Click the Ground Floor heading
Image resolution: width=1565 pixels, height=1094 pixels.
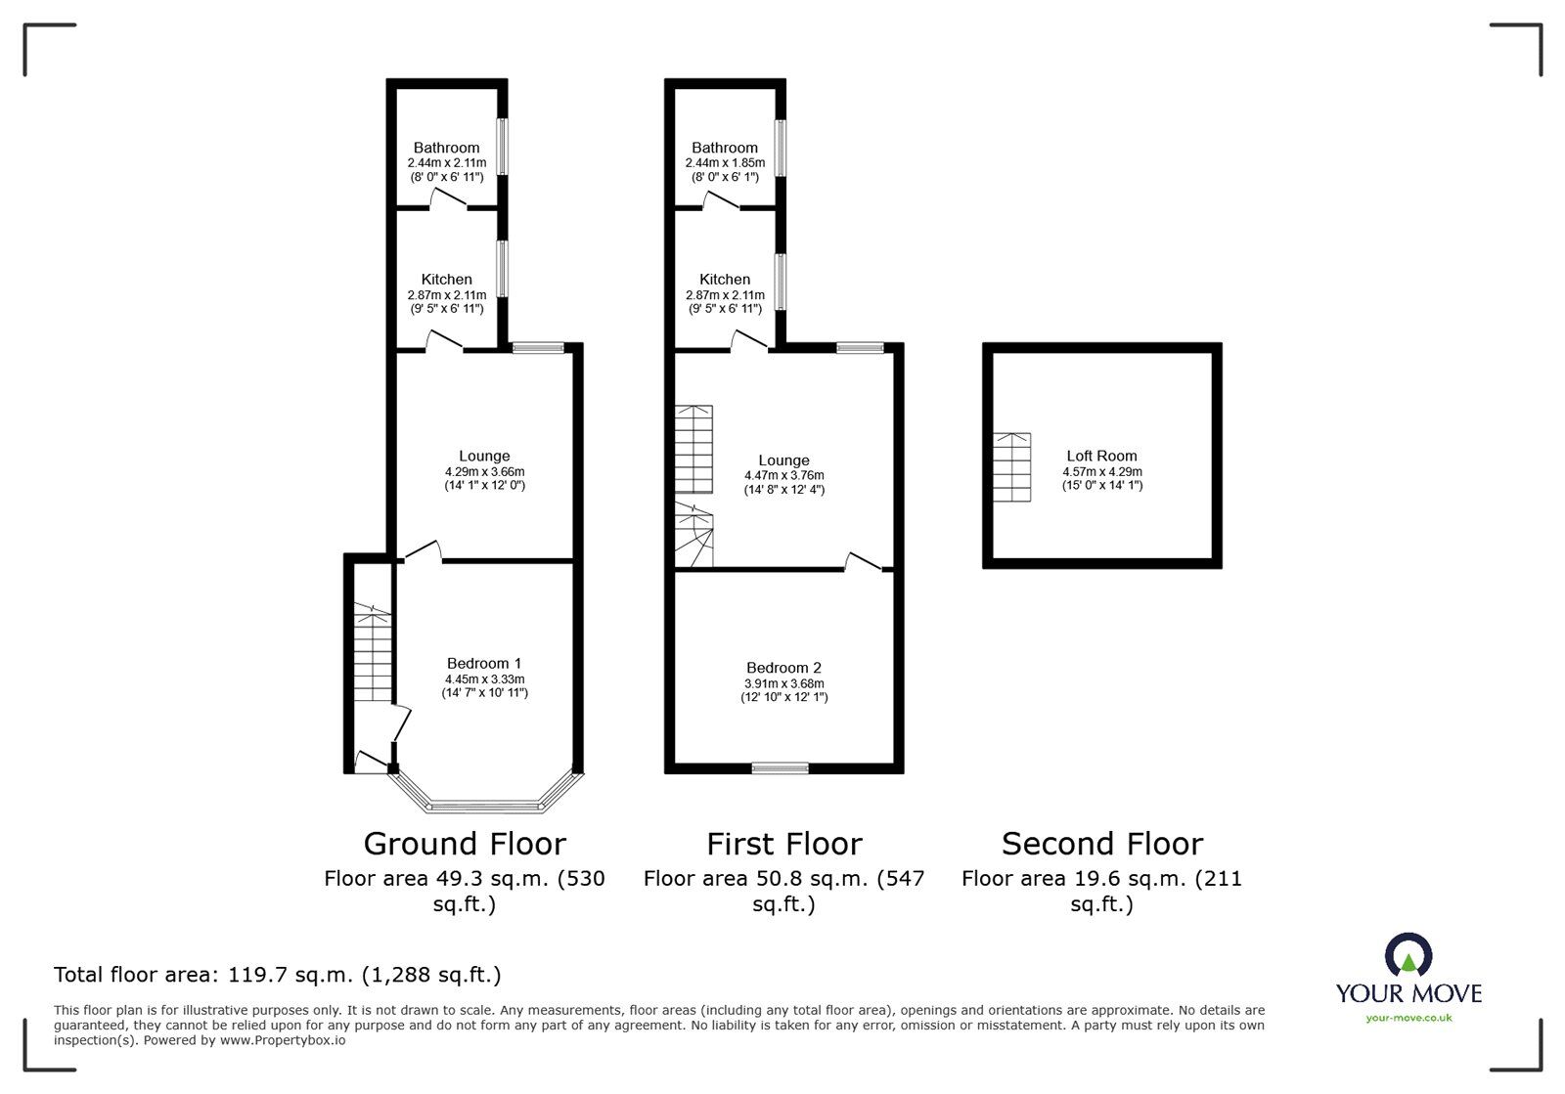(x=465, y=844)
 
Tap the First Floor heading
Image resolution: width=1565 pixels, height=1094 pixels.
(x=784, y=844)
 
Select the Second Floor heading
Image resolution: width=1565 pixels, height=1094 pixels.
(x=1102, y=844)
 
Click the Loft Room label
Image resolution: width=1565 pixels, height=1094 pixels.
(x=1101, y=456)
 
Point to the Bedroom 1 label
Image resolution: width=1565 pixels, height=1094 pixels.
(x=484, y=664)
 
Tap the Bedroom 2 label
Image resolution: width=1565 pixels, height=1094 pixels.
(x=783, y=668)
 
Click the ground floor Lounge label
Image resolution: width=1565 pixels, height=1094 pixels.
(x=484, y=456)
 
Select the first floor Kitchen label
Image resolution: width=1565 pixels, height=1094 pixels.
(x=725, y=280)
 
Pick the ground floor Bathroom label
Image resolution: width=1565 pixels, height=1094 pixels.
(x=446, y=148)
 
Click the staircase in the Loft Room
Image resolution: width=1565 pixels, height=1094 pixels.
(x=1012, y=467)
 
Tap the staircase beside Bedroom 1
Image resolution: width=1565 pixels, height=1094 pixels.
(x=372, y=652)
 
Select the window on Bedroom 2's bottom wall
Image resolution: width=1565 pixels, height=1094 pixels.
(x=780, y=767)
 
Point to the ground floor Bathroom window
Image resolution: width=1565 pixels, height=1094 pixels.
(x=502, y=147)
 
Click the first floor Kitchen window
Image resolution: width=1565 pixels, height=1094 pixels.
(x=781, y=282)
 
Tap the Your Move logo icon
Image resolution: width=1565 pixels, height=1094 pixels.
(x=1408, y=955)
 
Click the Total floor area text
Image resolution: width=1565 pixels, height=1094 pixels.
(x=278, y=975)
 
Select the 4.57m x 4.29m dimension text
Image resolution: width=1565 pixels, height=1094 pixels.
(x=1101, y=471)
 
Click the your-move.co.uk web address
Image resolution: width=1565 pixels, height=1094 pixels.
(x=1408, y=1018)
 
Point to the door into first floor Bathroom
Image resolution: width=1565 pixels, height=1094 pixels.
(x=721, y=200)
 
